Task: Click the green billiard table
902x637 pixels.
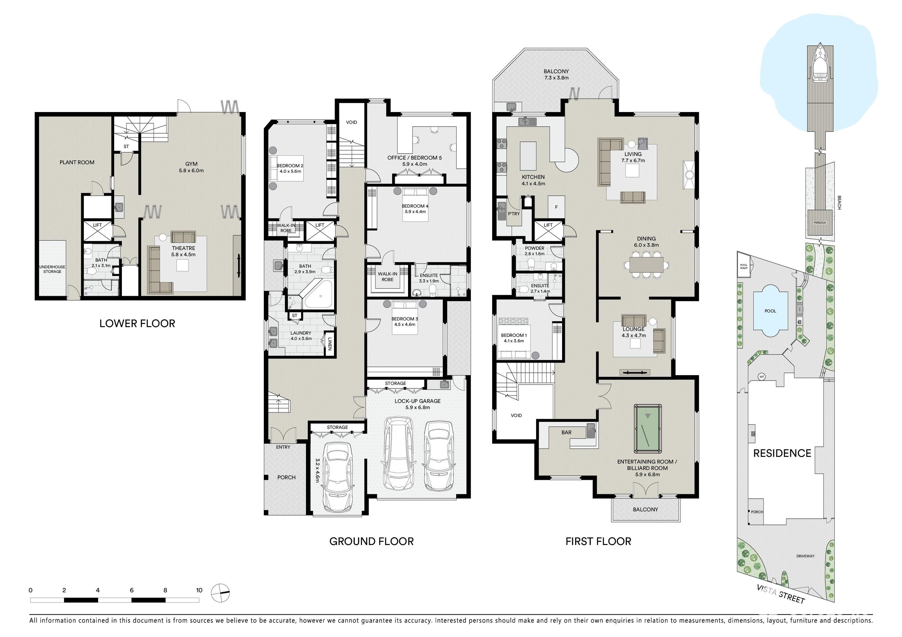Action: pos(647,429)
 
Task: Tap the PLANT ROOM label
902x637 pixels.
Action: pos(77,162)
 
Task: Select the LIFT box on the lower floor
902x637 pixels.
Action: pos(97,231)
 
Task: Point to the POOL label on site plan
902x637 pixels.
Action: pos(770,311)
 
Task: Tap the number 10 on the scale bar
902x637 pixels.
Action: pos(199,590)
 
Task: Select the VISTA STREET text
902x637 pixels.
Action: pos(781,594)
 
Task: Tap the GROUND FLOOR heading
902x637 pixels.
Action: pos(371,541)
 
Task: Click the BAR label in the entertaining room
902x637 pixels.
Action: pos(567,432)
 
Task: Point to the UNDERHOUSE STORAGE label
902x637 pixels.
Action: pos(52,269)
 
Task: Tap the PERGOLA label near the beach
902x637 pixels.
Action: pos(820,223)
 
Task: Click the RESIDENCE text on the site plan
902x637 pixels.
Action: pos(782,453)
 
